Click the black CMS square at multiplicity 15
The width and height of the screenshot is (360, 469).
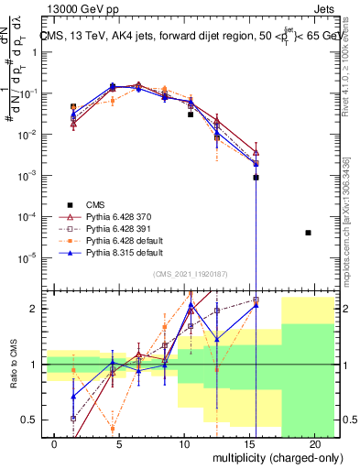click(256, 177)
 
